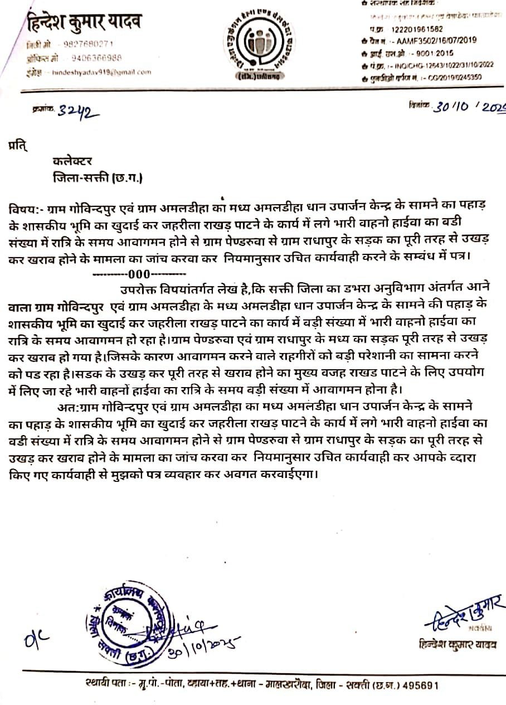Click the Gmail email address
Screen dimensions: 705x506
[101, 73]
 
